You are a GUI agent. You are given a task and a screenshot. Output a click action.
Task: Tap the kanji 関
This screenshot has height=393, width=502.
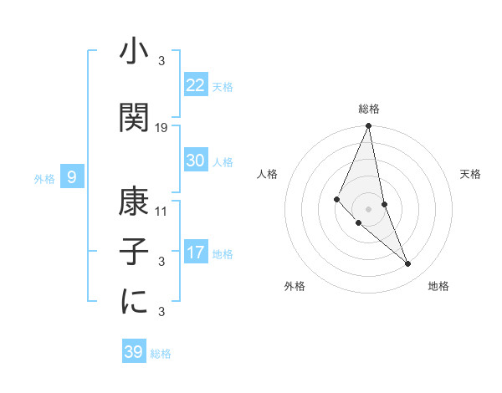[135, 117]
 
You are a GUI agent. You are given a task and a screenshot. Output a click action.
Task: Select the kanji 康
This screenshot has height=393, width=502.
[135, 202]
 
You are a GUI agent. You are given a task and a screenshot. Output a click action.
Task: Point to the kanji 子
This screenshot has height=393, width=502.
[135, 251]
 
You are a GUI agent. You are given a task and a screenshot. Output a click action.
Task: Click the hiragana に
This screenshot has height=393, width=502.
[135, 301]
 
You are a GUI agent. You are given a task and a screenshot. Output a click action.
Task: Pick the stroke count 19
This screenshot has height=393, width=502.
[161, 127]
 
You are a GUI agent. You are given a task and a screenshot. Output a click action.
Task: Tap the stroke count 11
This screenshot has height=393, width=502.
[161, 212]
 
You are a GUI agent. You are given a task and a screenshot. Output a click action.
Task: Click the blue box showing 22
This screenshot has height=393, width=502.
[196, 85]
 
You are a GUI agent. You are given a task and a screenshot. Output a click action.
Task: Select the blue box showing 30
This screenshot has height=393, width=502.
[196, 161]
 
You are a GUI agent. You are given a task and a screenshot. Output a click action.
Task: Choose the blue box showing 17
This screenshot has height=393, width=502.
[196, 253]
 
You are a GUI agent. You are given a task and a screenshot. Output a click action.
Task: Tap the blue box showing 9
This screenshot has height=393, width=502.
[73, 176]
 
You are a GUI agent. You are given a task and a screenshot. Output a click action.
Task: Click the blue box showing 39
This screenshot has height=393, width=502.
[133, 352]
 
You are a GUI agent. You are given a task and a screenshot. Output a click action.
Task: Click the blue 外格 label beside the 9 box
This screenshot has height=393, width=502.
[44, 178]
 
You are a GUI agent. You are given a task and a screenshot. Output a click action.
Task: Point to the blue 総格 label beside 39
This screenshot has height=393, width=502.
[161, 354]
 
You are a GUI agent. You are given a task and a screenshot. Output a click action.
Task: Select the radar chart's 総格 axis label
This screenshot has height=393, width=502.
[369, 109]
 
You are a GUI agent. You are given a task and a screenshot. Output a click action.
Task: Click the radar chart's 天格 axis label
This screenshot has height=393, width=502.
[470, 174]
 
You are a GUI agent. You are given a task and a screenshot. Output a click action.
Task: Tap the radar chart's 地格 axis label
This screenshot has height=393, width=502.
[438, 286]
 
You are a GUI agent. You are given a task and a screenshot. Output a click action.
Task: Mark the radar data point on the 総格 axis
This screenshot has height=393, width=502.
[369, 126]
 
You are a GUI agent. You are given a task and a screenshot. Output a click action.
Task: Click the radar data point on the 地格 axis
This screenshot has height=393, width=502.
[408, 263]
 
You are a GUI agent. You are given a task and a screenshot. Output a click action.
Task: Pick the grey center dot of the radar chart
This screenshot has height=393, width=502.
[369, 208]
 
